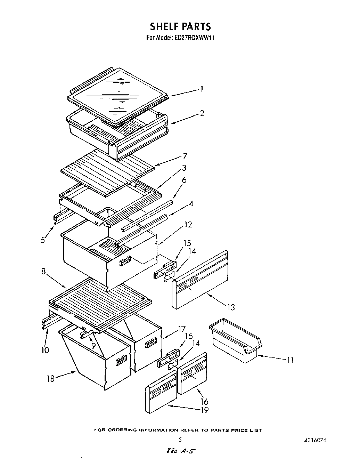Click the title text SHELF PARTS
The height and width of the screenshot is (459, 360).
coord(180,26)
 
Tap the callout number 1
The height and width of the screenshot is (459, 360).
coord(201,89)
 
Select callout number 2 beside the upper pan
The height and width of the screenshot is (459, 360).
coord(202,113)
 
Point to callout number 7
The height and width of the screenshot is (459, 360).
coord(185,156)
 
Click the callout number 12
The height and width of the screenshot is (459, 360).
coord(188,225)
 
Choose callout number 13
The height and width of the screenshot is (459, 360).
coord(231,307)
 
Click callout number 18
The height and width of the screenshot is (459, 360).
coord(51,379)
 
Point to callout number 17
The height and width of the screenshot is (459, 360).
coord(181,329)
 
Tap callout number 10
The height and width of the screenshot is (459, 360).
coord(45,350)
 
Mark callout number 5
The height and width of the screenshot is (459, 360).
coord(42,240)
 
